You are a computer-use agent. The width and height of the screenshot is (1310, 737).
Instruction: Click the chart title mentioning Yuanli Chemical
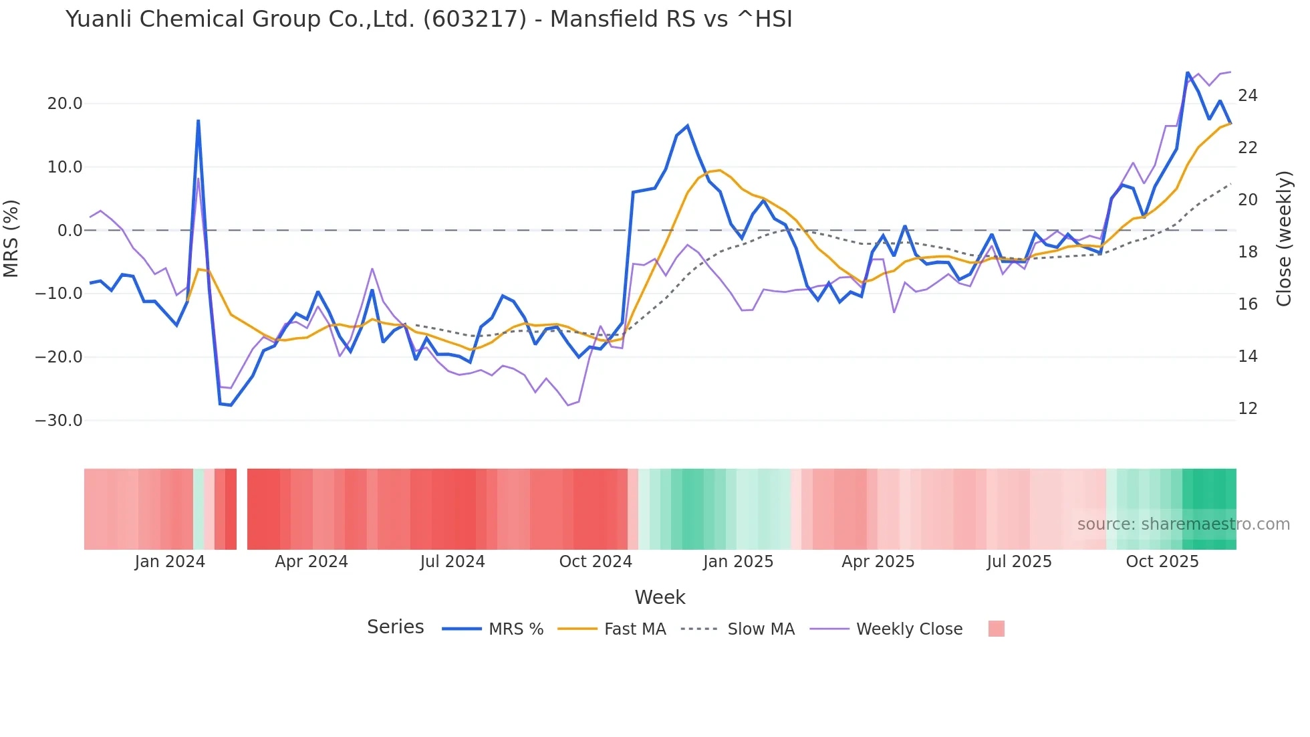[x=428, y=19]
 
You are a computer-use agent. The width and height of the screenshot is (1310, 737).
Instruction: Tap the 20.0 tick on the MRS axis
[x=65, y=104]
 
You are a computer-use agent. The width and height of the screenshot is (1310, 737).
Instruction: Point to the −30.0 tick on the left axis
[x=59, y=421]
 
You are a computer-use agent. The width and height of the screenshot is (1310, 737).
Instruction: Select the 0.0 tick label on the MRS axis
[x=70, y=231]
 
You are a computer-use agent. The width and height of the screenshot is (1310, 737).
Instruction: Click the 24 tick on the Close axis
[x=1247, y=96]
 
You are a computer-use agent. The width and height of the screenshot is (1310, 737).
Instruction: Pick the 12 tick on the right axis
[x=1247, y=409]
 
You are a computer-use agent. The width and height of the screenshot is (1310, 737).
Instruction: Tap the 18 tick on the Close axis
[x=1247, y=252]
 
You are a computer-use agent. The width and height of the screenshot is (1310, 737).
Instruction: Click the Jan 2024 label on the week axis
[x=170, y=562]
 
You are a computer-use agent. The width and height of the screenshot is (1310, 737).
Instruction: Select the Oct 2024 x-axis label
[x=596, y=562]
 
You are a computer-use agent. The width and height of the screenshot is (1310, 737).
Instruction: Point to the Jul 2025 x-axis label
[x=1019, y=562]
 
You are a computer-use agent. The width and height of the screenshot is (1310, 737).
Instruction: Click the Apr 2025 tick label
[x=878, y=562]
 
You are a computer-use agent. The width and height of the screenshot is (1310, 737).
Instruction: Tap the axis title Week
[x=660, y=597]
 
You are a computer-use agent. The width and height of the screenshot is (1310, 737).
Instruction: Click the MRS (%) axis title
[x=11, y=239]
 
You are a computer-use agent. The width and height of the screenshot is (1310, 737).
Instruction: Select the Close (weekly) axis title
[x=1284, y=239]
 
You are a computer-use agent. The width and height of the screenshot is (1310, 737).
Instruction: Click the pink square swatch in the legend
[x=996, y=629]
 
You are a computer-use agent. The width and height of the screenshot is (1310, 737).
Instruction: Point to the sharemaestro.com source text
[x=1183, y=524]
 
